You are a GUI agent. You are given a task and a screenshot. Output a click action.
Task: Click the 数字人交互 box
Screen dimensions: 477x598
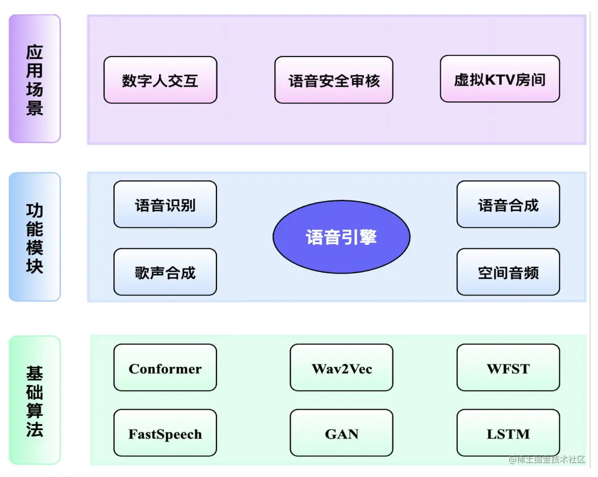160,80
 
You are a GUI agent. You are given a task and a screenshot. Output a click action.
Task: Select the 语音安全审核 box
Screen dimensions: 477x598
334,80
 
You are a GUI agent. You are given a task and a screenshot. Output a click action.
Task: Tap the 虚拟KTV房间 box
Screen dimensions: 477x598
500,79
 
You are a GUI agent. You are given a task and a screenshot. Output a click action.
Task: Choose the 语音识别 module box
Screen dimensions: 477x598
165,204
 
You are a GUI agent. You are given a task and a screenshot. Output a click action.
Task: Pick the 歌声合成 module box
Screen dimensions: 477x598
165,272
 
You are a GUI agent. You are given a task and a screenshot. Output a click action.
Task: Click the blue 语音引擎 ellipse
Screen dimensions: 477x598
341,237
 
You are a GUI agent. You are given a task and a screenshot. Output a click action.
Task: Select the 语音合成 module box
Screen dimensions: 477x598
508,204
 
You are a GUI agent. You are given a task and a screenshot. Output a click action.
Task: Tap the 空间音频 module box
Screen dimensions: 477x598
508,272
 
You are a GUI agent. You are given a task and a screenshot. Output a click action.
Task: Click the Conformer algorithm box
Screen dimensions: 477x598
165,368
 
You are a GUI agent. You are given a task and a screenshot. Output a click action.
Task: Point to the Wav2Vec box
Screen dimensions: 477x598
341,368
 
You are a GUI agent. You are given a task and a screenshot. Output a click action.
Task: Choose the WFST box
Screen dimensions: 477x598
508,368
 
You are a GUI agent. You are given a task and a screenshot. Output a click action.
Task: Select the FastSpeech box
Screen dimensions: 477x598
165,433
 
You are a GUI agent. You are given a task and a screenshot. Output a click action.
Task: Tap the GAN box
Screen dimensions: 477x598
341,433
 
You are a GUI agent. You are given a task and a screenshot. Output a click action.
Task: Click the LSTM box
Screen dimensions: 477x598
508,433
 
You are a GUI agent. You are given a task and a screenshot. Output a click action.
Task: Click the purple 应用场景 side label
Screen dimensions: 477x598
34,79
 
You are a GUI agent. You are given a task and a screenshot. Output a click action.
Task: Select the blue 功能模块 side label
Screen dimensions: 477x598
34,237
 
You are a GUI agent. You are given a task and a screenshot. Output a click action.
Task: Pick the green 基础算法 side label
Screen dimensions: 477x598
34,400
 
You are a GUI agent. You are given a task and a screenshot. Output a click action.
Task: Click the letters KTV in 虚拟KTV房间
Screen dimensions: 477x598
500,79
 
